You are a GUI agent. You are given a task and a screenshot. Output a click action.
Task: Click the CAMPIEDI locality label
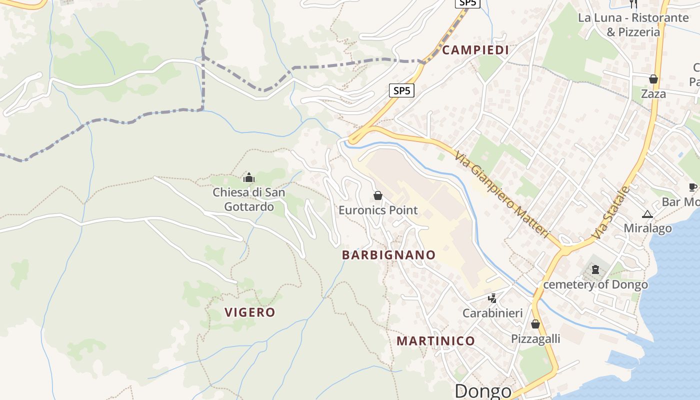(x=475, y=50)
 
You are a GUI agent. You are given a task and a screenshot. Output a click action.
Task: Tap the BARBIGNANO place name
(x=388, y=255)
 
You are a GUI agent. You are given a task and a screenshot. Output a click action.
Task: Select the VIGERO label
(x=250, y=312)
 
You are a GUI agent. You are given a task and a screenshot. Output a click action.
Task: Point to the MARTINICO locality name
(x=435, y=341)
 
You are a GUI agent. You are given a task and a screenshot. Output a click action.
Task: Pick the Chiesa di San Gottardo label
(x=249, y=199)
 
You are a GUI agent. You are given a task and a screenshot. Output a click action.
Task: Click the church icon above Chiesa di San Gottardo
(x=248, y=177)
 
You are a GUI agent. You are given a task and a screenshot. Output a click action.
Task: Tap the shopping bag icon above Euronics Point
(x=378, y=195)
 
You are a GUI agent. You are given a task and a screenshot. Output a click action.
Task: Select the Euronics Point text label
(x=378, y=210)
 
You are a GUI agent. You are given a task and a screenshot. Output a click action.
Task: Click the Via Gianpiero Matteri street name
(x=502, y=194)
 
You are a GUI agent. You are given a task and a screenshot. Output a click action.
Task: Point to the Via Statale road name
(x=610, y=212)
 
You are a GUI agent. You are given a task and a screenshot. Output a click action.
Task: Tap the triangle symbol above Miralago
(x=647, y=214)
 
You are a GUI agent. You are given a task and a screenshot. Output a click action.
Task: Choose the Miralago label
(x=647, y=228)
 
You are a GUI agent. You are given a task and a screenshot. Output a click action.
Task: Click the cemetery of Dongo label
(x=595, y=284)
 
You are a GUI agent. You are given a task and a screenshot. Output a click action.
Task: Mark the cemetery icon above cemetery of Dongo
(x=595, y=270)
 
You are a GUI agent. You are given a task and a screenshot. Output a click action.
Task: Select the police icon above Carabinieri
(x=492, y=298)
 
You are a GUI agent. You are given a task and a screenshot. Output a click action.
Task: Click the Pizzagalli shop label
(x=535, y=339)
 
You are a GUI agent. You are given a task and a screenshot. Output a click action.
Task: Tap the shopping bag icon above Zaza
(x=653, y=79)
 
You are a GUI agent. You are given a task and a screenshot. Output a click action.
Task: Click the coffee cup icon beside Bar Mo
(x=692, y=187)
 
